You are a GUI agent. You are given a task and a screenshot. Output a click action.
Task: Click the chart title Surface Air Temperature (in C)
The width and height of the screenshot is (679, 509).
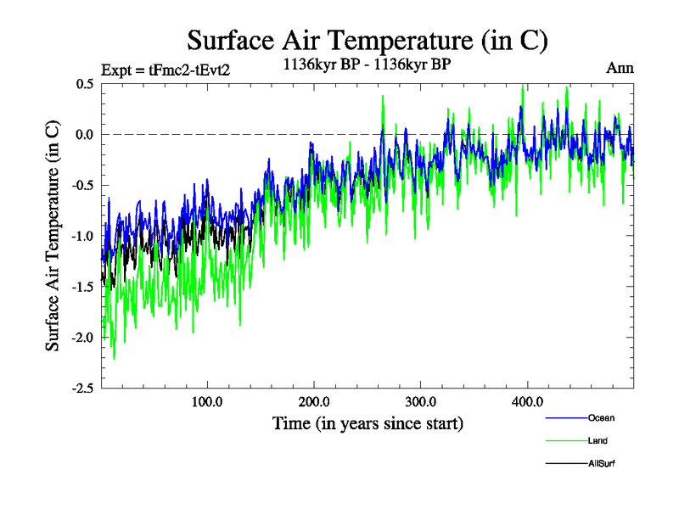click(x=367, y=40)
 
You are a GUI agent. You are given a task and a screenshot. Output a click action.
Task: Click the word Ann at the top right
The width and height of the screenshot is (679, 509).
click(x=620, y=68)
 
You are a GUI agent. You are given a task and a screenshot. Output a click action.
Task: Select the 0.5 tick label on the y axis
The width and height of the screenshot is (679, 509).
click(x=84, y=84)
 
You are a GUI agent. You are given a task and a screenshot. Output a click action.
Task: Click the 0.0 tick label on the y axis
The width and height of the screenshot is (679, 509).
click(x=84, y=135)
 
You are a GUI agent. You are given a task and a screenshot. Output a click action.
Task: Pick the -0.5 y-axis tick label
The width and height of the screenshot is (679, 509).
click(x=81, y=186)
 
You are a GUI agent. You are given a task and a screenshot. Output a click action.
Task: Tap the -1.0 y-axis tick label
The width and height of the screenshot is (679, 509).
click(x=81, y=236)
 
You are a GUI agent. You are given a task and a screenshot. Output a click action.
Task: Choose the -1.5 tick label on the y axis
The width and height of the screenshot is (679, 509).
click(x=81, y=287)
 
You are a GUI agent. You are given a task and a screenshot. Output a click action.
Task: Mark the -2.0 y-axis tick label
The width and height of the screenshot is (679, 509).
click(x=81, y=338)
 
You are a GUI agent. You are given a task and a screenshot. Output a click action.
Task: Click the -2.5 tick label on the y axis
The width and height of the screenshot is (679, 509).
click(x=81, y=389)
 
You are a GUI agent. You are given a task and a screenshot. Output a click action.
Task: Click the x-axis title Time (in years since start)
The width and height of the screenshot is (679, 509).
click(x=368, y=422)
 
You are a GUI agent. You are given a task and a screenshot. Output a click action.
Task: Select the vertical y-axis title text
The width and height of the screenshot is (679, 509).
click(x=53, y=236)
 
